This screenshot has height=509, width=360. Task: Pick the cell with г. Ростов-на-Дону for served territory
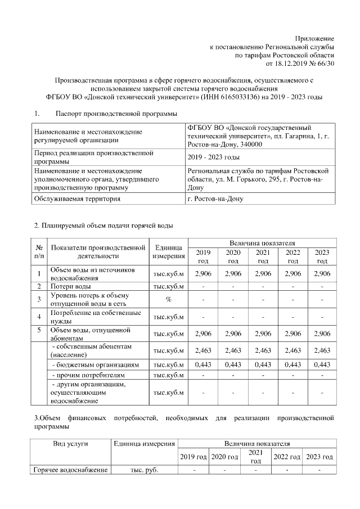click(216, 199)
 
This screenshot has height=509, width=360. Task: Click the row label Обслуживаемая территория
click(77, 199)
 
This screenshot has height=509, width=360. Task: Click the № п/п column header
click(39, 251)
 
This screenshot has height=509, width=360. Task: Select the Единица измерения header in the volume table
click(168, 251)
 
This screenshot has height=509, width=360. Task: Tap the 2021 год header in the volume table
click(263, 256)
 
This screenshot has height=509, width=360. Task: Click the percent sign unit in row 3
click(168, 299)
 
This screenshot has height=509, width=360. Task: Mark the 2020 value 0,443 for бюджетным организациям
click(233, 364)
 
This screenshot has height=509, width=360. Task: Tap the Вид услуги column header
click(70, 444)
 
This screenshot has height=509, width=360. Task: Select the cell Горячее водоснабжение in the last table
click(70, 470)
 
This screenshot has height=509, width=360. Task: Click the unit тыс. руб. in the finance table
click(145, 470)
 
